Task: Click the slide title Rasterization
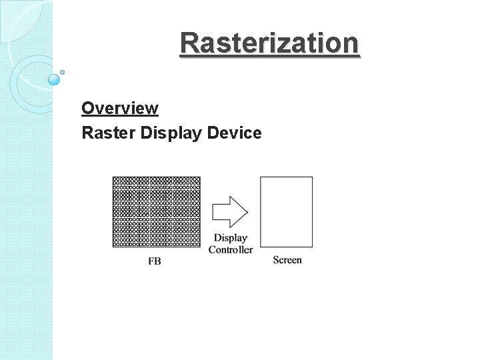[x=269, y=43]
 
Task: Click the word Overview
[x=120, y=108]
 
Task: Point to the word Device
[x=235, y=133]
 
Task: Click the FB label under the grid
[x=154, y=261]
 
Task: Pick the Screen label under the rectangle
[x=287, y=260]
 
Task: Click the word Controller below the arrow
[x=231, y=250]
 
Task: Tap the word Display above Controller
[x=231, y=238]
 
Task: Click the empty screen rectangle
[x=286, y=211]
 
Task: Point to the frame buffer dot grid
[x=157, y=212]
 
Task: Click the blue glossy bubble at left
[x=54, y=79]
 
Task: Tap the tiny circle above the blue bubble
[x=62, y=72]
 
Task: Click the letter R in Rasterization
[x=189, y=43]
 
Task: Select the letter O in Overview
[x=87, y=108]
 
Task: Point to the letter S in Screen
[x=276, y=260]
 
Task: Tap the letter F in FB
[x=151, y=261]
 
